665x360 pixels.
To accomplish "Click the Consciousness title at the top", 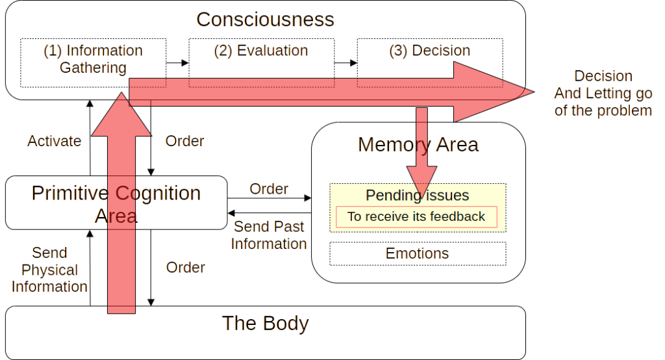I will (x=264, y=19).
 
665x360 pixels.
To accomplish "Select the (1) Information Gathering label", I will (x=92, y=59).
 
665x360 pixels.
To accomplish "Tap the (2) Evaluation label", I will (x=260, y=51).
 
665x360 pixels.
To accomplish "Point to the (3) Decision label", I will (x=429, y=51).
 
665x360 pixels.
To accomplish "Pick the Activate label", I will (x=53, y=141).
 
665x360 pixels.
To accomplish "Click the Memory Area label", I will (x=417, y=144).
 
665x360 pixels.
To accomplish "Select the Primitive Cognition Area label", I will (x=115, y=203).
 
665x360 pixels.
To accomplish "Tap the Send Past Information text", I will (x=268, y=235).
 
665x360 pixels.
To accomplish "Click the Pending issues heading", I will (x=417, y=195).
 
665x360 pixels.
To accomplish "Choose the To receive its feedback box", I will (x=416, y=217).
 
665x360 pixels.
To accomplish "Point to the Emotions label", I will (x=416, y=253).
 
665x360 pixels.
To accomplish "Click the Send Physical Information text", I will (x=49, y=270).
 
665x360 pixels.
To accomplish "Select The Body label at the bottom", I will (x=264, y=323).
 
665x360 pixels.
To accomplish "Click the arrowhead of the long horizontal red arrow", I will (x=494, y=92).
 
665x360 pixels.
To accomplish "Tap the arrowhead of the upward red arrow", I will (x=121, y=117).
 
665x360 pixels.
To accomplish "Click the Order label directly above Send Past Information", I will (x=268, y=189).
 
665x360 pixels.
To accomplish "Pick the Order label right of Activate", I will (x=184, y=141).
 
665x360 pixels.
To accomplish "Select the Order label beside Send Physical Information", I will (x=184, y=267).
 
